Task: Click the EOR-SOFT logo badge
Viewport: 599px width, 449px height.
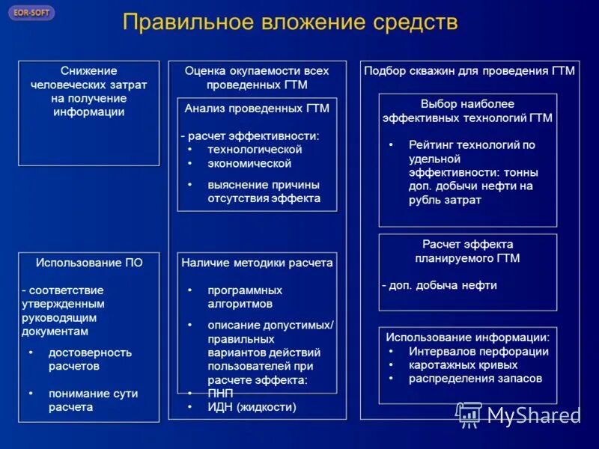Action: pyautogui.click(x=31, y=13)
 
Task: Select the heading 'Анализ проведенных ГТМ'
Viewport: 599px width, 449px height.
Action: pyautogui.click(x=257, y=109)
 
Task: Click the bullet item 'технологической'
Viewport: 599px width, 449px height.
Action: pyautogui.click(x=255, y=150)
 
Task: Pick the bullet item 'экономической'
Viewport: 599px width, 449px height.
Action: pyautogui.click(x=249, y=163)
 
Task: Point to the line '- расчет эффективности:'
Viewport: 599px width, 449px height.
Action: pyautogui.click(x=249, y=135)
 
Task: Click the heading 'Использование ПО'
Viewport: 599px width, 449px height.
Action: pyautogui.click(x=89, y=263)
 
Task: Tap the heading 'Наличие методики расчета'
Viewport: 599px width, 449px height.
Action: pyautogui.click(x=257, y=263)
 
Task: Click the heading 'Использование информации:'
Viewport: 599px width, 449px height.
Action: pyautogui.click(x=468, y=337)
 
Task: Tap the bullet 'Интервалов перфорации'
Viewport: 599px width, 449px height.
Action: pyautogui.click(x=478, y=352)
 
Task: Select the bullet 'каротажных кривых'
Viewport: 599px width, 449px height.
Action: pyautogui.click(x=463, y=365)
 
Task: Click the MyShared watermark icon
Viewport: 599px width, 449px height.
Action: pyautogui.click(x=469, y=415)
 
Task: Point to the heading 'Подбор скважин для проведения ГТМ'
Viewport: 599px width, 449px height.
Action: pyautogui.click(x=469, y=71)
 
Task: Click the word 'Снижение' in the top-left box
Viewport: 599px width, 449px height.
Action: pyautogui.click(x=89, y=70)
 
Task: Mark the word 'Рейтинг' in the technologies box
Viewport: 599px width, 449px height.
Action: pyautogui.click(x=430, y=145)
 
